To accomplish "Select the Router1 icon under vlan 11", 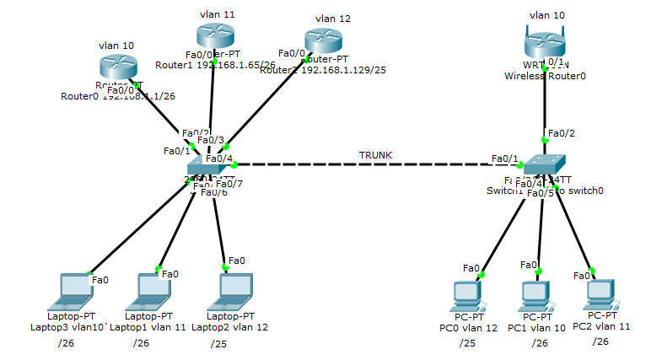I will point(215,35).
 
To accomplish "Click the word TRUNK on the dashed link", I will point(375,155).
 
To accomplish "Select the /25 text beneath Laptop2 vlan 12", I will point(218,343).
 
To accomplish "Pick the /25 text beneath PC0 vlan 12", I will point(467,342).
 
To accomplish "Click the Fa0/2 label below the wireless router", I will point(561,133).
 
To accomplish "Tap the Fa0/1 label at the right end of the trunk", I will point(505,159).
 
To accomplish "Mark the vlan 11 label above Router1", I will point(218,14).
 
